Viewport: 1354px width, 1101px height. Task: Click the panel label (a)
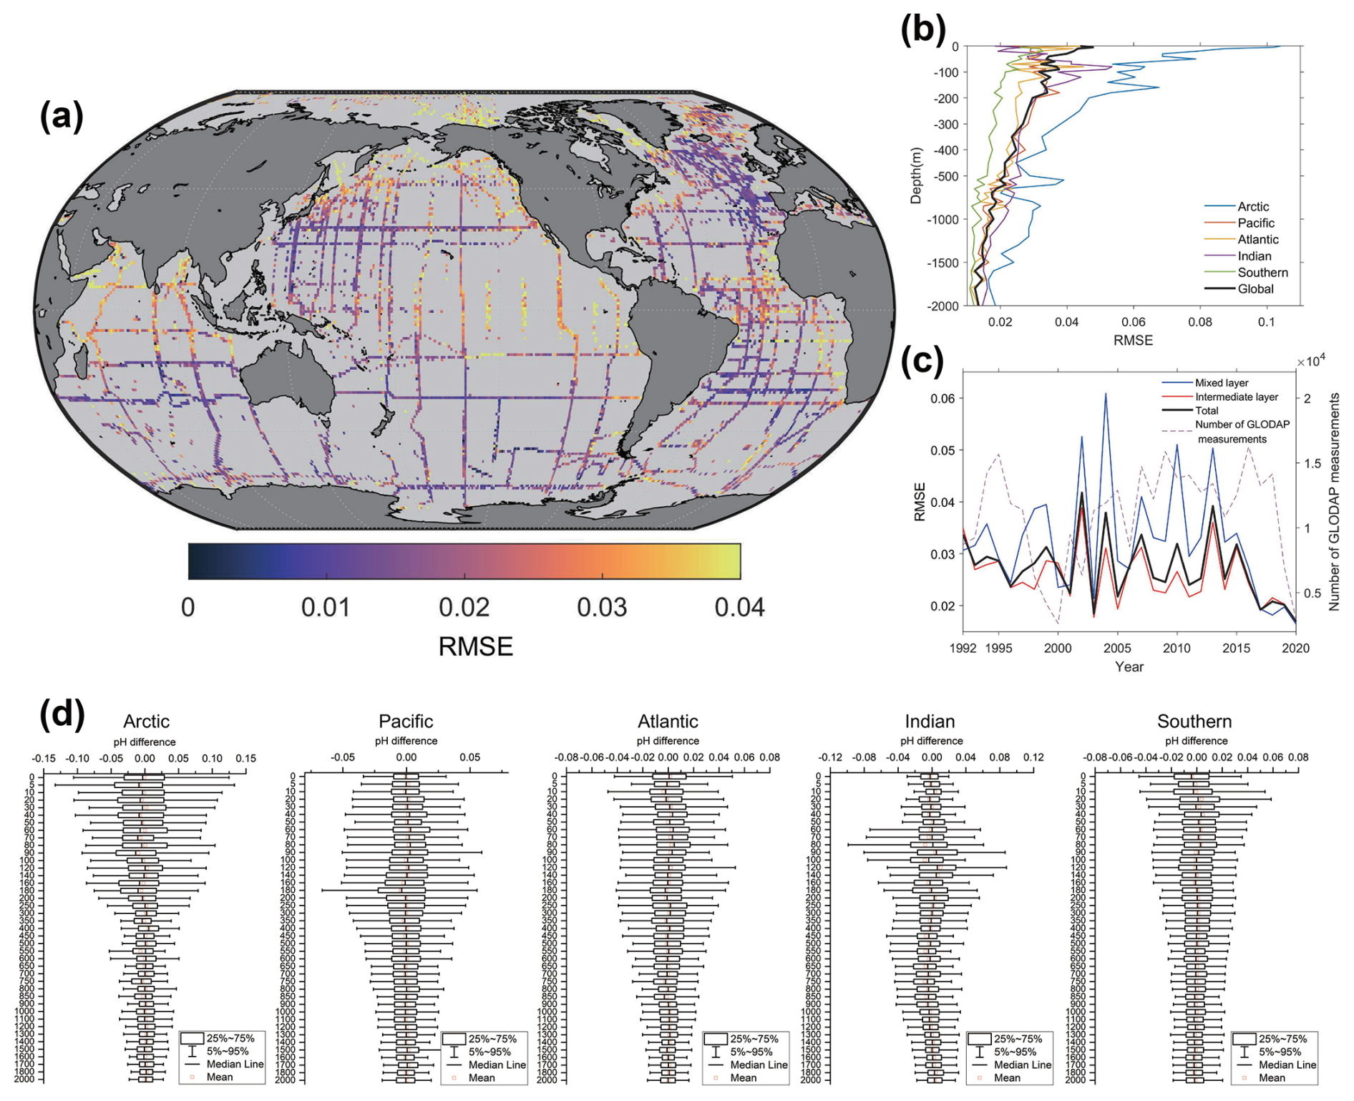point(62,117)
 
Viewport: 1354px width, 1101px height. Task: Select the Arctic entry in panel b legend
point(1253,206)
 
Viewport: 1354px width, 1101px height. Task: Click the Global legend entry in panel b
point(1255,288)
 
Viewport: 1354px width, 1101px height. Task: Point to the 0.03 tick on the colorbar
point(602,608)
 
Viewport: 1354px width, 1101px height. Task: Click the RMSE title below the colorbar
point(475,646)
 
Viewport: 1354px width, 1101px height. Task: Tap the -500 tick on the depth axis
point(945,176)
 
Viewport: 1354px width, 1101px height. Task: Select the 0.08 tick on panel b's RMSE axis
point(1200,322)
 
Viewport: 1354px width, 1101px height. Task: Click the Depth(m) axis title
point(916,176)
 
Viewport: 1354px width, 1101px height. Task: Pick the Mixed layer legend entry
point(1221,383)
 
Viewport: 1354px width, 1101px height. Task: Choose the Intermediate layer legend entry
point(1236,397)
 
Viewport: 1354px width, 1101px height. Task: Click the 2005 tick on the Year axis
point(1117,649)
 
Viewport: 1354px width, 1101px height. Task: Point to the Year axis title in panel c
point(1129,666)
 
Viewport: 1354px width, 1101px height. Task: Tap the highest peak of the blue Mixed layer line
point(1106,394)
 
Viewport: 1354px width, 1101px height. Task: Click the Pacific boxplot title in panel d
point(406,721)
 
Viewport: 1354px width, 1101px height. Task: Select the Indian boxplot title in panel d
point(930,721)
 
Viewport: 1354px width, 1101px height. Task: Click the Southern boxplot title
point(1194,721)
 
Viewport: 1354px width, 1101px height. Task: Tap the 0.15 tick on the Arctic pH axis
point(245,758)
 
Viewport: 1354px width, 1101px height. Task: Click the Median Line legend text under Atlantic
point(759,1064)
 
